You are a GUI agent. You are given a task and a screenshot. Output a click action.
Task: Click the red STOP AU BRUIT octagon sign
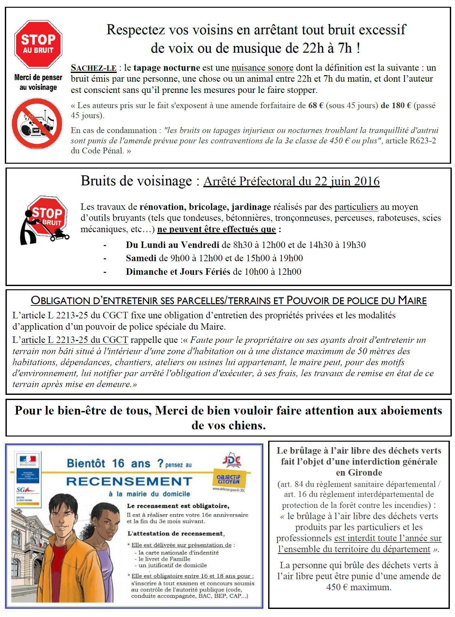[x=38, y=44]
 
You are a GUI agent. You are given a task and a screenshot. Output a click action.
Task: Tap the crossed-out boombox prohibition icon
[x=37, y=124]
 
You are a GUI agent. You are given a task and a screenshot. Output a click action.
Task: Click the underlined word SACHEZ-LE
[x=94, y=68]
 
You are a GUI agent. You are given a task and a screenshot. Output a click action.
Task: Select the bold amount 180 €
[x=396, y=106]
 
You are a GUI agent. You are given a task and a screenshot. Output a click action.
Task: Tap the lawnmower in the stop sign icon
[x=59, y=234]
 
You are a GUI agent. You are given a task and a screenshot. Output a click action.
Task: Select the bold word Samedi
[x=141, y=258]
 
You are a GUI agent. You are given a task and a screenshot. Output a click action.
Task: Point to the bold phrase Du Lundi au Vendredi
[x=172, y=245]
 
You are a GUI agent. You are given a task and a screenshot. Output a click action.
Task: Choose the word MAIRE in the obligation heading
[x=412, y=301]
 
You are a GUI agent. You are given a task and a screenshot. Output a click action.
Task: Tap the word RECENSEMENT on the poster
[x=129, y=481]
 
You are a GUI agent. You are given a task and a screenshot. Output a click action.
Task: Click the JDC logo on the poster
[x=231, y=460]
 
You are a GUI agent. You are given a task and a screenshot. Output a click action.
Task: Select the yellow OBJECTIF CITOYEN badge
[x=228, y=479]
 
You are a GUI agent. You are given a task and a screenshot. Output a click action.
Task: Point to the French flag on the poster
[x=28, y=459]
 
